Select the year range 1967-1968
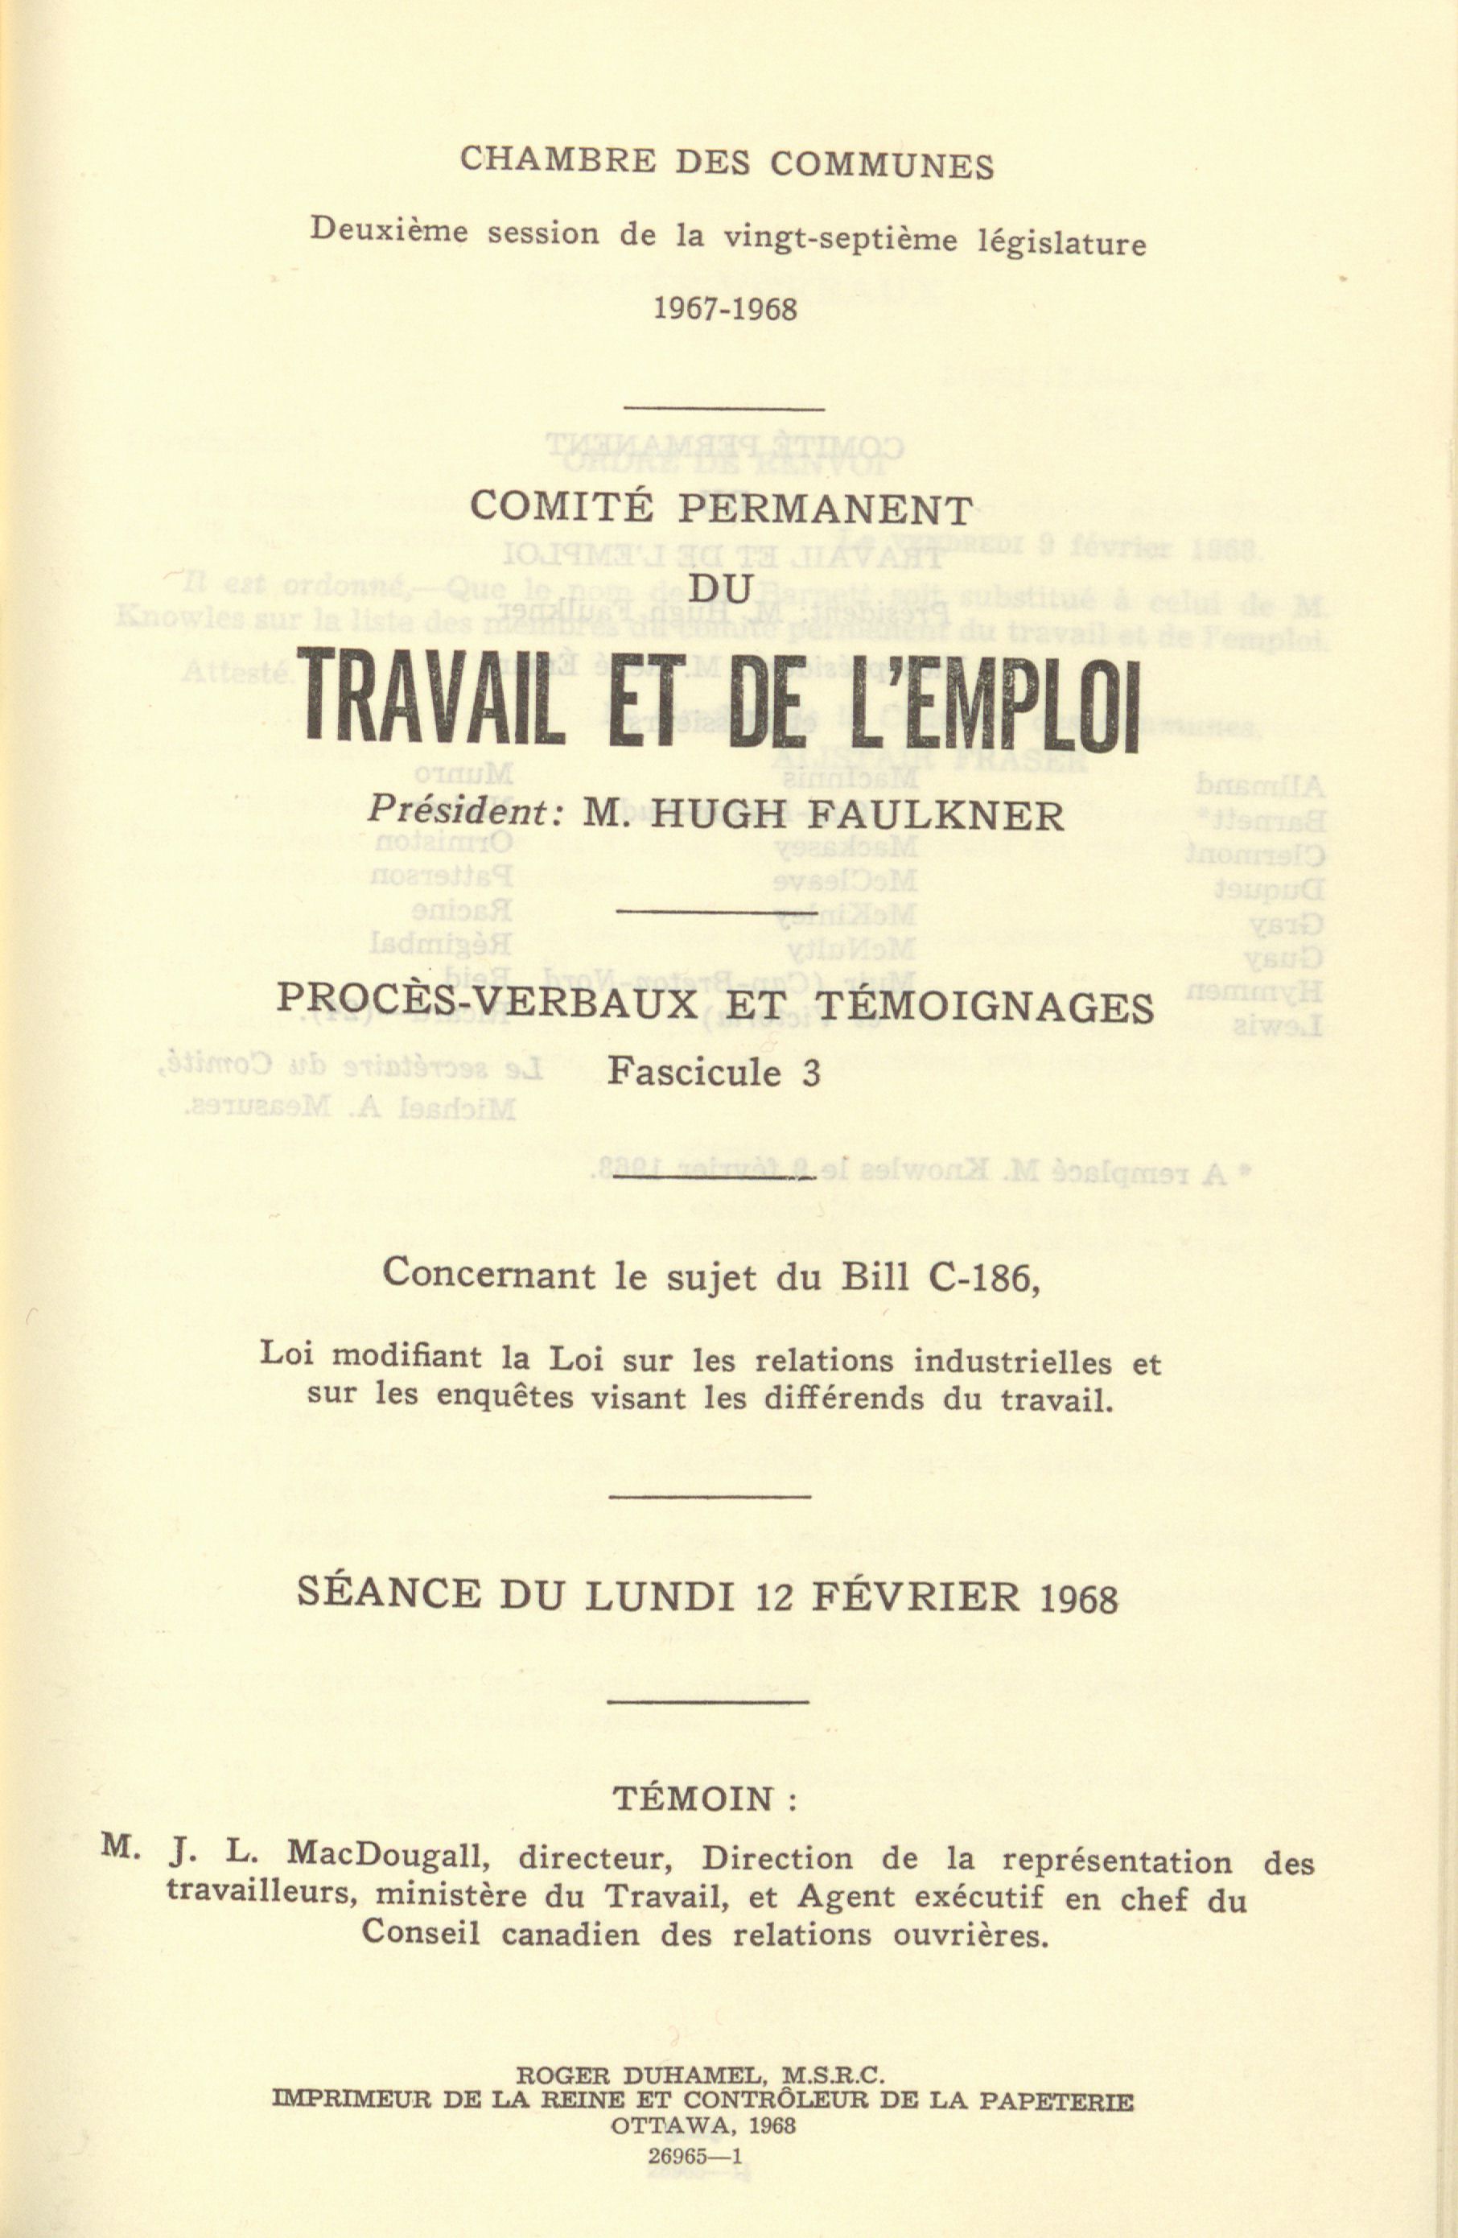coord(725,309)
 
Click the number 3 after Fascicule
coord(810,1073)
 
